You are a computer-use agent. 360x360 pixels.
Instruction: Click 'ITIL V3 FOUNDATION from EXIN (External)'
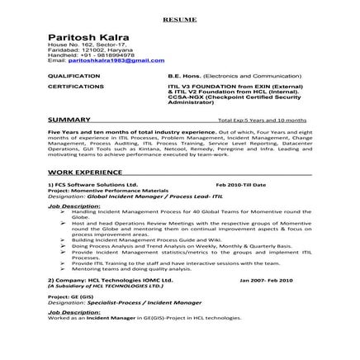coord(219,86)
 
